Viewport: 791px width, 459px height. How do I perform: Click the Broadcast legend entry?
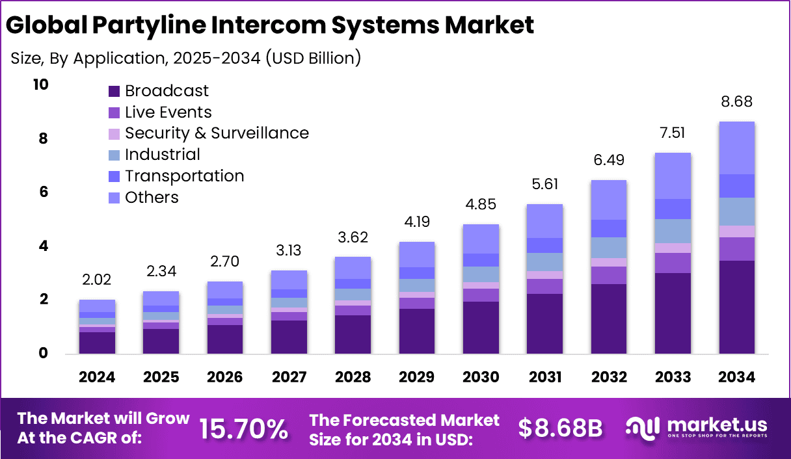167,90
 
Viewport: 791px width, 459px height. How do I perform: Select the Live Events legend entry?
168,112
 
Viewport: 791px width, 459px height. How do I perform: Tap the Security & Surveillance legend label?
216,133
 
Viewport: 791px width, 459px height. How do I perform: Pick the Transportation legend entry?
184,176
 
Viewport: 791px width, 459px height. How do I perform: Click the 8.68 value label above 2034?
737,102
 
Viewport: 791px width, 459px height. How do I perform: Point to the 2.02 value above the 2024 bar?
97,280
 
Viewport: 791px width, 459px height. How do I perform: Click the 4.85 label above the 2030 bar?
481,205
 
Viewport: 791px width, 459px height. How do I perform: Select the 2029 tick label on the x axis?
417,378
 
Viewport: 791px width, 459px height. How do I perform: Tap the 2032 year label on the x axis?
609,378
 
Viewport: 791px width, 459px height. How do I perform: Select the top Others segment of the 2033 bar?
673,176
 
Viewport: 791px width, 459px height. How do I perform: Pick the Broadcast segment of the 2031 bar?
544,324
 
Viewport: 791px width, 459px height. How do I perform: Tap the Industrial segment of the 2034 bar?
737,211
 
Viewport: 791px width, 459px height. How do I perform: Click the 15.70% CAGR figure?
243,428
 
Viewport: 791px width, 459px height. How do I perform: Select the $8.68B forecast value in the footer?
560,428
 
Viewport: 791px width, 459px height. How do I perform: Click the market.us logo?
696,428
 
